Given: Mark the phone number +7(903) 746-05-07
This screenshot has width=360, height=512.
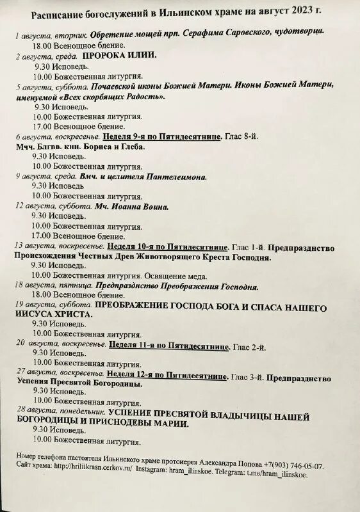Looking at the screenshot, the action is pyautogui.click(x=294, y=466).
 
